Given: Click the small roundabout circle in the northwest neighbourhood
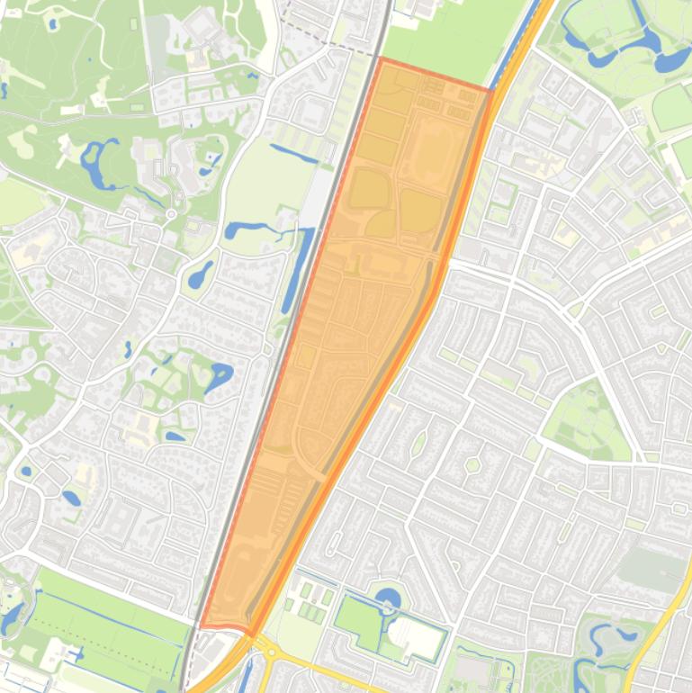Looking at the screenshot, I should click(171, 214).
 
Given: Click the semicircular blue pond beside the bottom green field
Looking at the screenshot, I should click(388, 598).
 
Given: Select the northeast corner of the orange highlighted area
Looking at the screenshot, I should click(491, 90).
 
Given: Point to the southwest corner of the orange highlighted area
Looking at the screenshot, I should click(201, 625).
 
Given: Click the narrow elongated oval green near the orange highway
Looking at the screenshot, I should click(418, 443).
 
